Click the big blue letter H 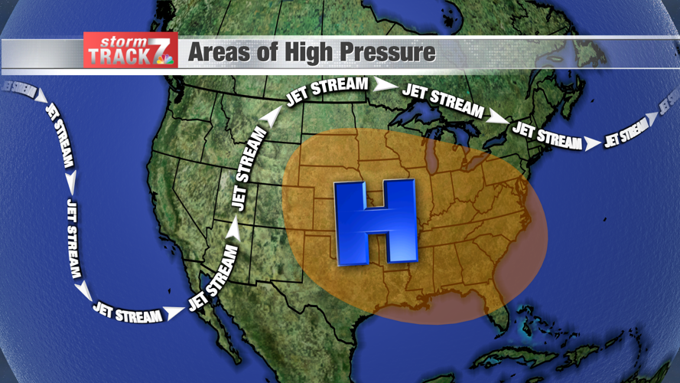[376, 222]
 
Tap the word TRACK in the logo [119, 56]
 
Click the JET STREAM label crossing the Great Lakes [443, 100]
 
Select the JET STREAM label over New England [546, 135]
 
